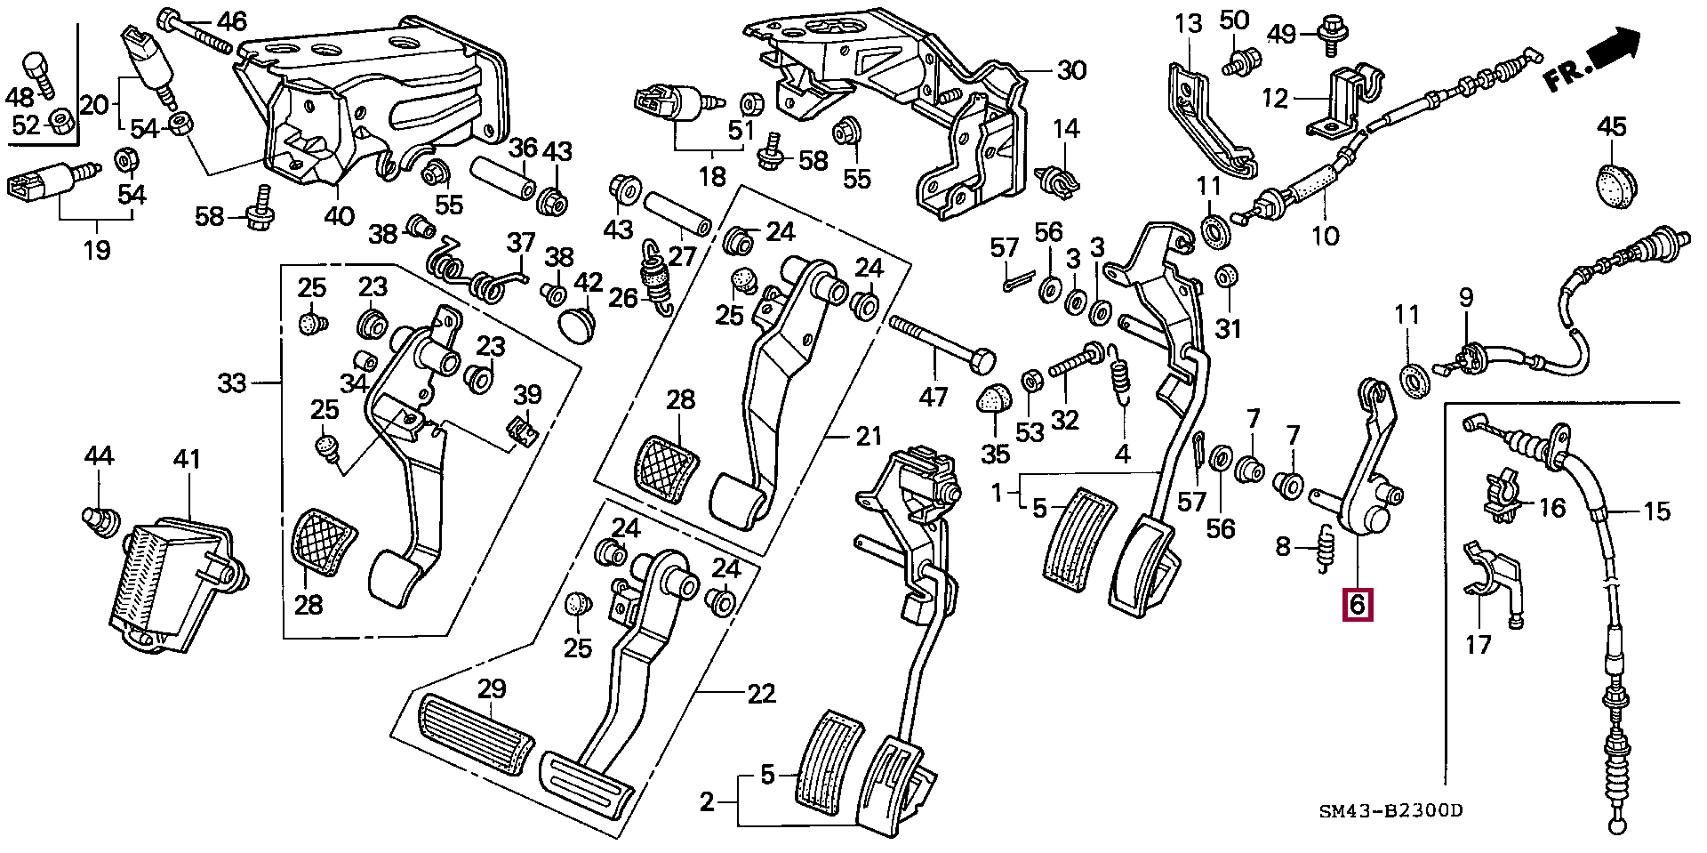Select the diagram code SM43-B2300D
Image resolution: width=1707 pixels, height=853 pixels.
pyautogui.click(x=1390, y=810)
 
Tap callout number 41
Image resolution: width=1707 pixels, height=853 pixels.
pyautogui.click(x=188, y=460)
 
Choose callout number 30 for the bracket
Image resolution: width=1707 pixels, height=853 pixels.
pyautogui.click(x=1071, y=70)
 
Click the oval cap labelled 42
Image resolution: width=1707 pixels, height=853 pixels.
pyautogui.click(x=579, y=322)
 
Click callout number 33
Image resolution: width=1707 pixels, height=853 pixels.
pyautogui.click(x=232, y=384)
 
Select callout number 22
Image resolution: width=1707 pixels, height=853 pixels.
pyautogui.click(x=761, y=693)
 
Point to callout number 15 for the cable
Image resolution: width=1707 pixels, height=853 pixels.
pyautogui.click(x=1656, y=511)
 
